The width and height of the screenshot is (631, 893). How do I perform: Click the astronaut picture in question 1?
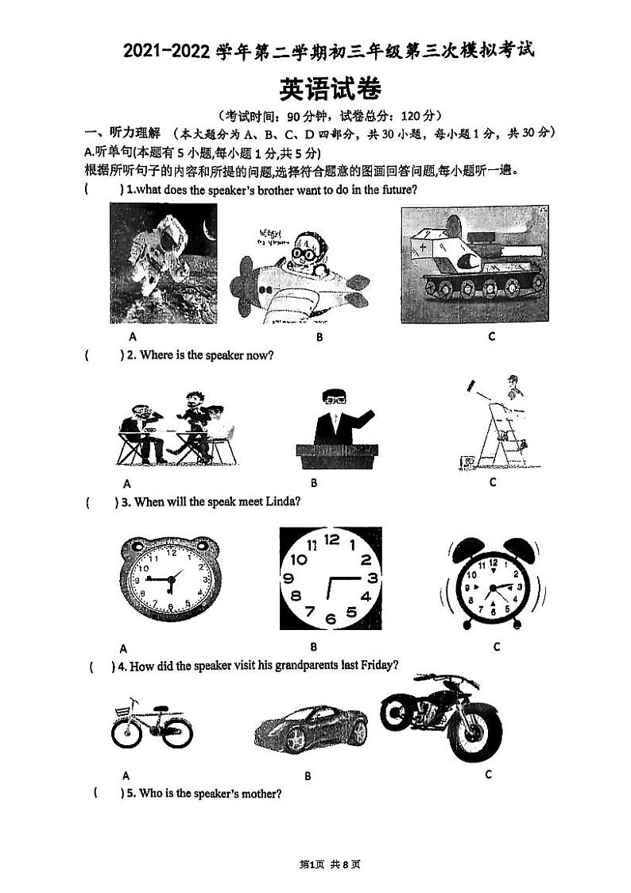163,261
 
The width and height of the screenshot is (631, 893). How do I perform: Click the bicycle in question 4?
151,725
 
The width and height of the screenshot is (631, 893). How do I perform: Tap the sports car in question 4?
311,727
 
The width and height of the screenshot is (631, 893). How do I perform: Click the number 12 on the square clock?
331,540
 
